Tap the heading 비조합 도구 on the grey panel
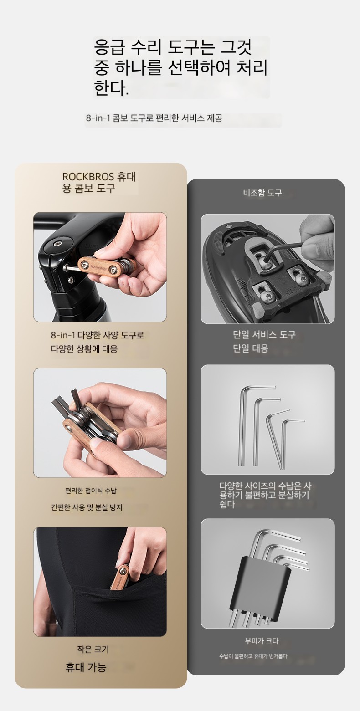tap(262, 193)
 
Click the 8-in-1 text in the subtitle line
tap(98, 118)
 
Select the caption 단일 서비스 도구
tap(264, 334)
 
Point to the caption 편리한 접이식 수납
tap(91, 491)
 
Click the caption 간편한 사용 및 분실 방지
tap(87, 507)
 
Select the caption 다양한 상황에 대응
tap(84, 349)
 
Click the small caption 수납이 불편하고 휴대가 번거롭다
tap(253, 656)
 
